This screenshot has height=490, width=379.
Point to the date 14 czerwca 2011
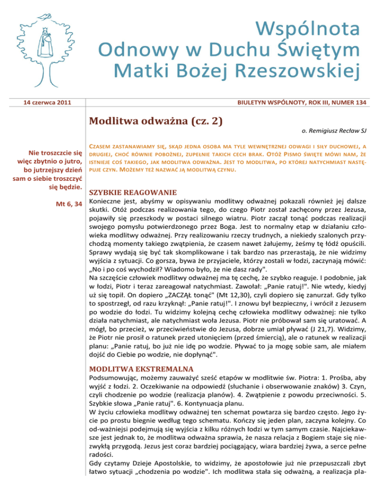coord(46,102)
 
